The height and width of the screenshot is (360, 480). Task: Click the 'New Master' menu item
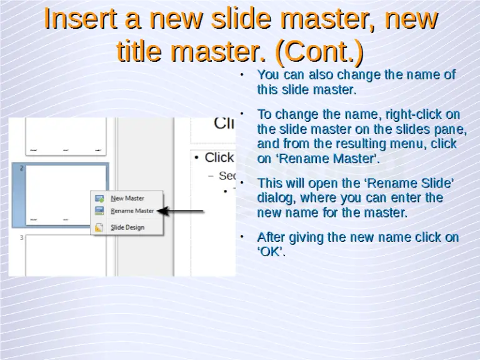tap(127, 198)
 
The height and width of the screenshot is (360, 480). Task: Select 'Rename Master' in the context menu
tap(131, 211)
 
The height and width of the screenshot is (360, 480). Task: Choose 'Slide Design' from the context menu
tap(127, 227)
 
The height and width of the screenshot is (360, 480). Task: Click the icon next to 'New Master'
tap(99, 198)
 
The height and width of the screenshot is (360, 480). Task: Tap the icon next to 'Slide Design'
tap(99, 227)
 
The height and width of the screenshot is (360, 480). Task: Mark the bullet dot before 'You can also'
tap(242, 75)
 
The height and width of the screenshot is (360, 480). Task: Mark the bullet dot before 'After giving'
tap(242, 237)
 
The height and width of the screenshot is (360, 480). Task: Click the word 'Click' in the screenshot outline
tap(219, 157)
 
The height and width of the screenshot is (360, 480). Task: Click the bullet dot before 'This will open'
tap(242, 183)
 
